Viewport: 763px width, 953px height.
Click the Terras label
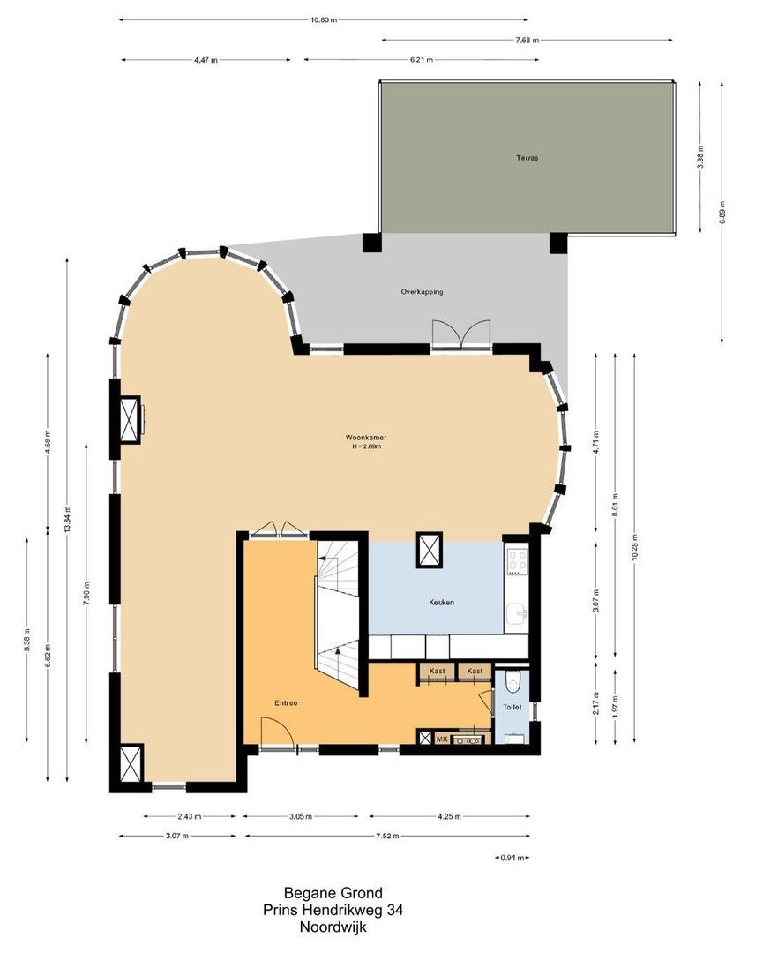[527, 159]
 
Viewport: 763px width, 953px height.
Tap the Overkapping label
[422, 291]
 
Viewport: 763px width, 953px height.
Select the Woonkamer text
[367, 438]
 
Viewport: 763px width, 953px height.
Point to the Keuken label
[441, 603]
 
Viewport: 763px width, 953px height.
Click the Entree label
[285, 703]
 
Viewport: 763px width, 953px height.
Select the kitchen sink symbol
[518, 612]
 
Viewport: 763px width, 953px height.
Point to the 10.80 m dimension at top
[325, 19]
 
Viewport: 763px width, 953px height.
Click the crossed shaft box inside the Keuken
[430, 549]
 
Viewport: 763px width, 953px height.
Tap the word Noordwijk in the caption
[333, 927]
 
